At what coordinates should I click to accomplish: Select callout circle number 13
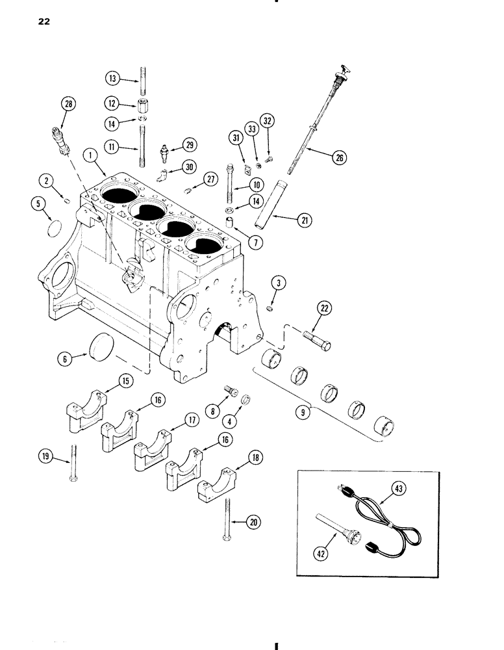(113, 79)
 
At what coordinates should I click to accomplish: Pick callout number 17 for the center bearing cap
(190, 421)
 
